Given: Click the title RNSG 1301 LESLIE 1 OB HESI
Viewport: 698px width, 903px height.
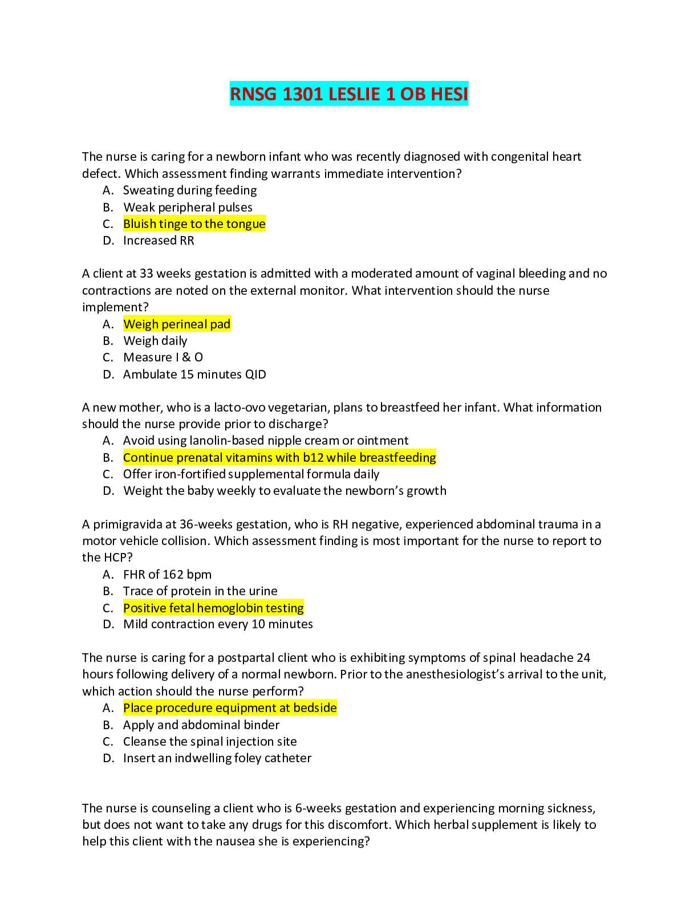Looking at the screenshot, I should coord(348,93).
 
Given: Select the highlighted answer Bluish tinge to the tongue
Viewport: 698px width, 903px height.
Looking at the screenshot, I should coord(194,224).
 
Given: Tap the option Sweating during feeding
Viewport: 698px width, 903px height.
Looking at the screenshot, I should coord(190,190).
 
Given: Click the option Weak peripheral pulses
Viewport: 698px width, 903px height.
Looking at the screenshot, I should coord(188,208).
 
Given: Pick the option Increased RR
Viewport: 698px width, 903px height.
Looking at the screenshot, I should coord(159,241).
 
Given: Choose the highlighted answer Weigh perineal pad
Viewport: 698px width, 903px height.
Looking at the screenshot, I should coord(177,324).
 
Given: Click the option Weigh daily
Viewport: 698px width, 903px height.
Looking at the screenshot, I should coord(155,341).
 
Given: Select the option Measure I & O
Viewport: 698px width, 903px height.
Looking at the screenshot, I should coord(163,357).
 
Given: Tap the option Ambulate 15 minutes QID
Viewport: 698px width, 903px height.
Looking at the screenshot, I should coord(194,375).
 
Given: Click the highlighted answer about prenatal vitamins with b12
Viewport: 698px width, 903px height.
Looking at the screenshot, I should coord(279,458).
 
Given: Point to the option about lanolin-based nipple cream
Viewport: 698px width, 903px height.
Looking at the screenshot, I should coord(266,441).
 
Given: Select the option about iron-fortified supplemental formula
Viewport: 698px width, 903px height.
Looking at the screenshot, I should coord(251,474).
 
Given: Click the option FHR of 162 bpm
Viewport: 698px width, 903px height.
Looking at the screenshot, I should coord(167,575).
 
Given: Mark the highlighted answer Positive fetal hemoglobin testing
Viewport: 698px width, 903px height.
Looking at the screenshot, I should coord(213,608).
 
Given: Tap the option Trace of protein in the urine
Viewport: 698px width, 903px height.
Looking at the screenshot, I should coord(200,591).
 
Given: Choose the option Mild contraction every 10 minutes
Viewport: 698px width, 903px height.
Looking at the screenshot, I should coord(218,624).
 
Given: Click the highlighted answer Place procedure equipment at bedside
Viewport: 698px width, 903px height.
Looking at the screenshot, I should coord(230,708).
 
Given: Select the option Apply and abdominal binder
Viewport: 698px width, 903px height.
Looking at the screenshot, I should coord(201,725).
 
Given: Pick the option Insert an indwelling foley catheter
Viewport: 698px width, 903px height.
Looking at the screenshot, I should coord(217,758).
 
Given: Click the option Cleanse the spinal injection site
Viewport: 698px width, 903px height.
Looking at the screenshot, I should coord(210,742).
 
